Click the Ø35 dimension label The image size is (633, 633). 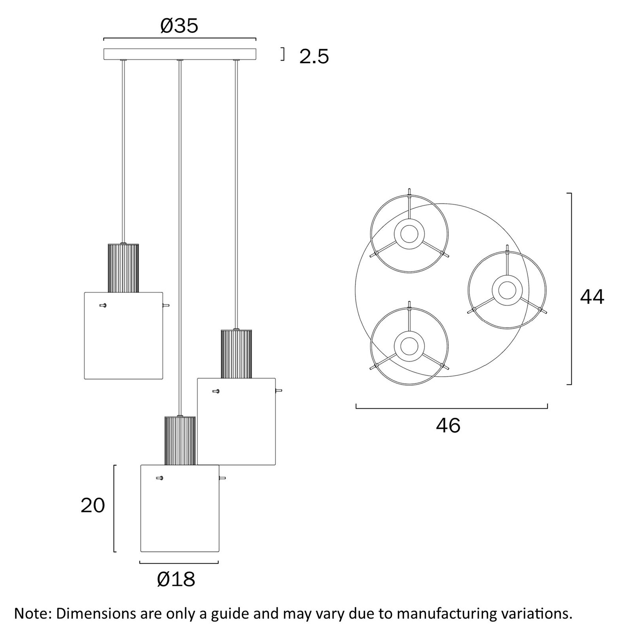tap(179, 26)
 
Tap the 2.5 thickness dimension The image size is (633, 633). tap(314, 57)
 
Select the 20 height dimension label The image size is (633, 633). tap(93, 506)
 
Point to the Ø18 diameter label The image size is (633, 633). tap(176, 580)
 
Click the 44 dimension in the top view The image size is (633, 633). tap(592, 297)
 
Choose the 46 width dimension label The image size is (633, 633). tap(448, 426)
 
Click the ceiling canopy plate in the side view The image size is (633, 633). tap(180, 54)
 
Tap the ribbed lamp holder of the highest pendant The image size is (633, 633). tap(123, 268)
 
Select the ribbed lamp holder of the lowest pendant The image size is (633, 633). tap(180, 440)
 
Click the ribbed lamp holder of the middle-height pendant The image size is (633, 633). tap(236, 354)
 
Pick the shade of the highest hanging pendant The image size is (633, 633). tap(123, 336)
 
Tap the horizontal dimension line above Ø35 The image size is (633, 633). tap(180, 39)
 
